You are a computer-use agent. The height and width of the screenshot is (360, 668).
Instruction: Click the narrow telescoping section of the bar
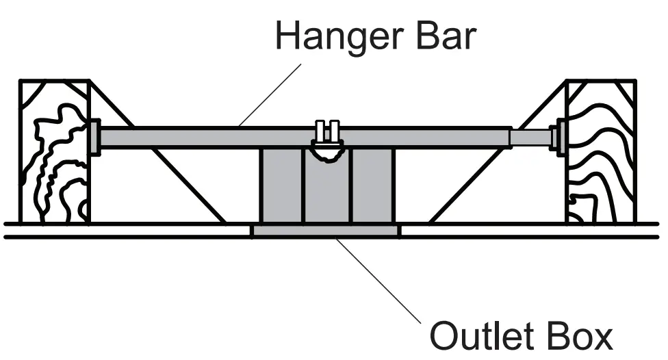[531, 138]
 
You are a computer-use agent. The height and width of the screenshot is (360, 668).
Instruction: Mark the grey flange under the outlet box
[325, 231]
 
